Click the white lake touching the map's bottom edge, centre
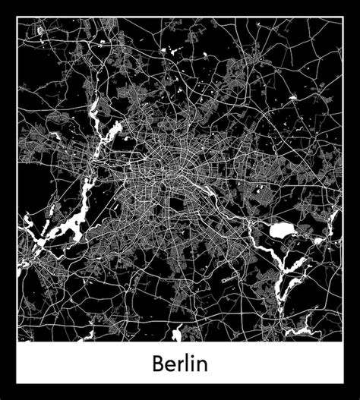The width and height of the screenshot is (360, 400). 176,335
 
